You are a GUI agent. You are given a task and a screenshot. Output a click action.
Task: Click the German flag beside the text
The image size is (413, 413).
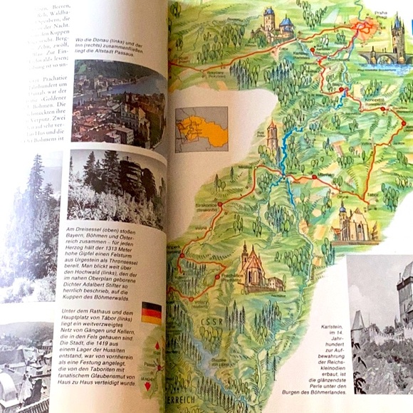151,312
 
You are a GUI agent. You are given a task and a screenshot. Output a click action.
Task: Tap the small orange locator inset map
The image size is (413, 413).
202,130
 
